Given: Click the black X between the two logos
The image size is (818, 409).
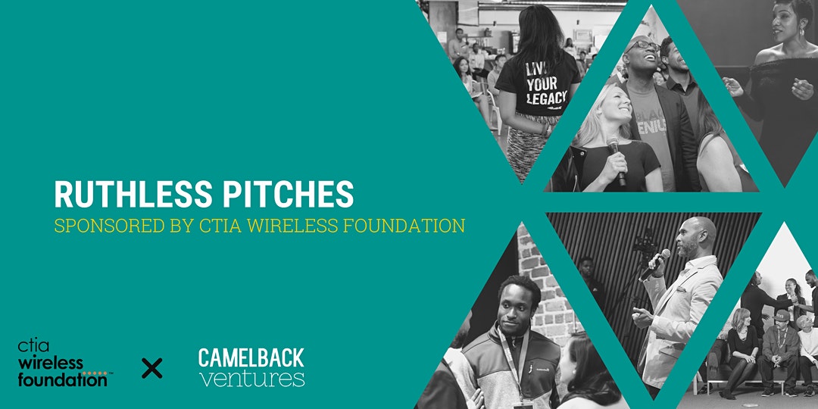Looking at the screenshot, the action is [x=151, y=368].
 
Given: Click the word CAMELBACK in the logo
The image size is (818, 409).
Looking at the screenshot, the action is [x=251, y=357].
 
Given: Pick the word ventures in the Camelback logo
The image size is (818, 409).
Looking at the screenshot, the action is [x=252, y=378].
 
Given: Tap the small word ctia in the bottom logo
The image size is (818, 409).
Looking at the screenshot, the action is [x=33, y=346].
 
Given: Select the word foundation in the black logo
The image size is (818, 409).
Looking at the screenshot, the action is [x=63, y=380].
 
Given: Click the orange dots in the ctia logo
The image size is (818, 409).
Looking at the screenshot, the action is [x=95, y=373].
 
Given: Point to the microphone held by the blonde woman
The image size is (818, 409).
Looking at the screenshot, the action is [x=616, y=160].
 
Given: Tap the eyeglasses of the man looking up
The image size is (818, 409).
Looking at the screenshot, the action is [x=644, y=46].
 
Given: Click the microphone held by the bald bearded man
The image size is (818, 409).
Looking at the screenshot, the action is [x=656, y=264].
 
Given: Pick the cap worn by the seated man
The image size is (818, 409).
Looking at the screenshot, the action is [x=782, y=314].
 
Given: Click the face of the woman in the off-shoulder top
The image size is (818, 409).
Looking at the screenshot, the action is [x=788, y=24].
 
